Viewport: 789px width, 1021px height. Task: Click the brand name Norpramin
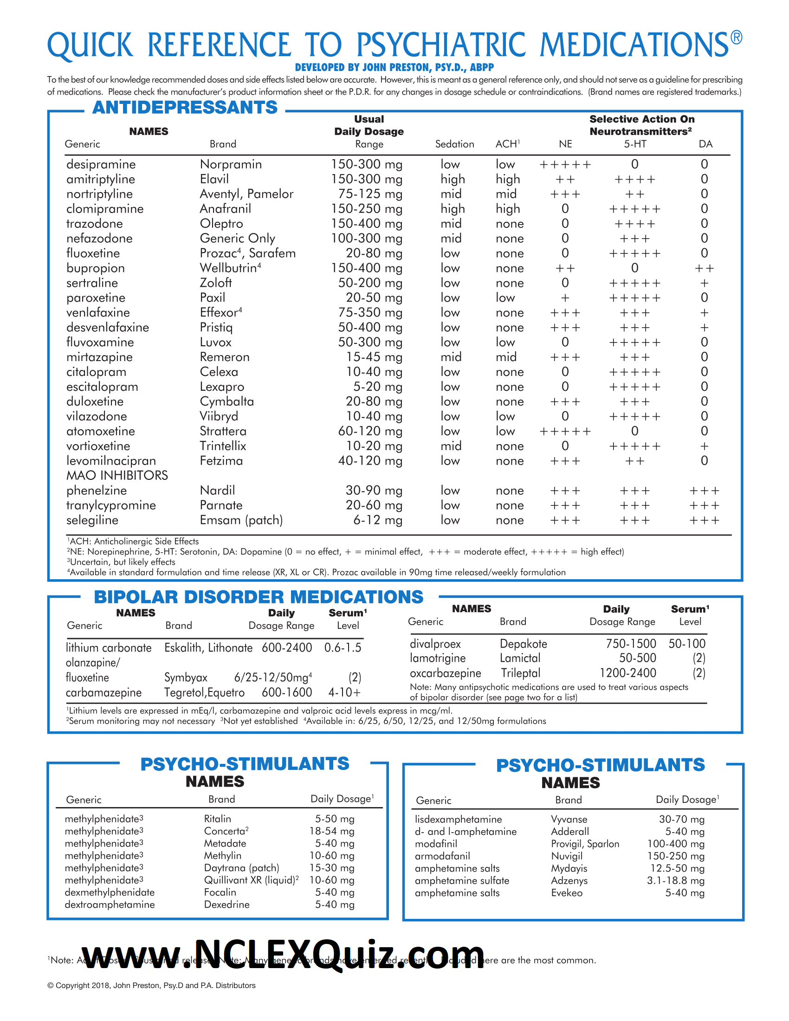click(x=231, y=164)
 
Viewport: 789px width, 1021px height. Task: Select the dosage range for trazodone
click(x=367, y=224)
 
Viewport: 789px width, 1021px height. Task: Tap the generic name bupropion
click(x=95, y=268)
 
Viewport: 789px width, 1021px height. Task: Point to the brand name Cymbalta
click(x=226, y=401)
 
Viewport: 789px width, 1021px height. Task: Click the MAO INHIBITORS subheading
click(x=117, y=475)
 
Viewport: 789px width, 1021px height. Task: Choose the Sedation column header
click(x=454, y=144)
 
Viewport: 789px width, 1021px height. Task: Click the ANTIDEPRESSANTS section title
click(x=185, y=108)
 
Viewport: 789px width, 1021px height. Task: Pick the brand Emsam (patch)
click(x=241, y=520)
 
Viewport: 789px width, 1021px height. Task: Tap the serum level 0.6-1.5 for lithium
click(x=343, y=647)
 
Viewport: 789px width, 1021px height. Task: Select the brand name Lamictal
click(x=520, y=658)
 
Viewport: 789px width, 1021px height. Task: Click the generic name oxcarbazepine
click(x=445, y=673)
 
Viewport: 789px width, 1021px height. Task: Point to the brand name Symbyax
click(x=186, y=678)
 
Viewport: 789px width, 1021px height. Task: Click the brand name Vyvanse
click(x=569, y=819)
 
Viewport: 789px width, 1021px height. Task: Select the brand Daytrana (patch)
click(x=241, y=868)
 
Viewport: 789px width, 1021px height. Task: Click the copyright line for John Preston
click(x=151, y=985)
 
